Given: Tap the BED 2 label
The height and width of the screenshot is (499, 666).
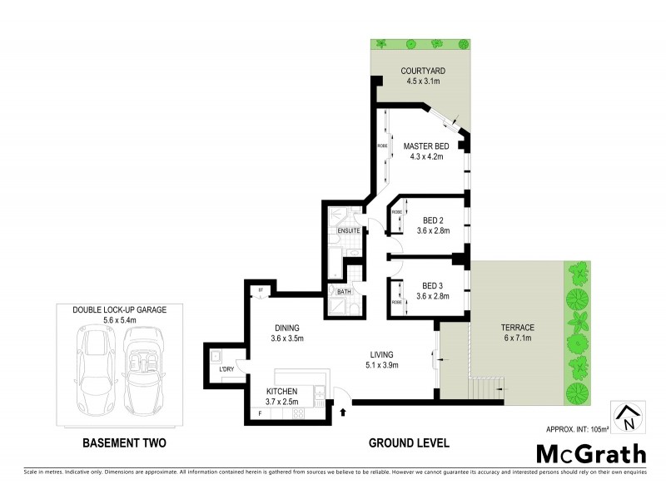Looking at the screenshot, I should click(x=433, y=220).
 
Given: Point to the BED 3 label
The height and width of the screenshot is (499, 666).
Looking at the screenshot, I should click(x=433, y=284).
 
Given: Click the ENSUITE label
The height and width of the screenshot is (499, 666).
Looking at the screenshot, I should click(x=349, y=230).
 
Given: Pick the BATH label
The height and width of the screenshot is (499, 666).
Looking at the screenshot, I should click(x=344, y=292).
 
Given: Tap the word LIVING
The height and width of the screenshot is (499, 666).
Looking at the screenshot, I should click(x=384, y=353).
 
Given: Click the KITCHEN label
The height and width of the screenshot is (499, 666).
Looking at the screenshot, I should click(x=282, y=392).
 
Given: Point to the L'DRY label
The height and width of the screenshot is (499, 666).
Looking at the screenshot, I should click(x=226, y=368).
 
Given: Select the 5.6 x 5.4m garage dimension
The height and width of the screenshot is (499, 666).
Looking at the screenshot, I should click(x=120, y=319).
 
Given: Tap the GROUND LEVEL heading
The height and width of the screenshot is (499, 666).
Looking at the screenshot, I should click(x=410, y=443).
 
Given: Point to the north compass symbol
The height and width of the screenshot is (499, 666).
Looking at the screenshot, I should click(x=629, y=416).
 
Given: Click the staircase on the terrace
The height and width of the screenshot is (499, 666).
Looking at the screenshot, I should click(x=485, y=386).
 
